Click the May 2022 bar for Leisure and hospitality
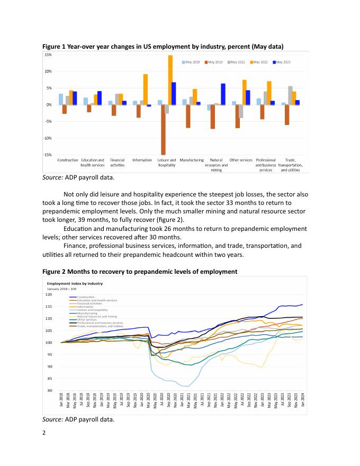[x=170, y=80]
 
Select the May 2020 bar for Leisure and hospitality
[x=163, y=130]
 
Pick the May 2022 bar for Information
[x=146, y=89]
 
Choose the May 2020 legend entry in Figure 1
[x=213, y=62]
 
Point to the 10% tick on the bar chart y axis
[x=48, y=71]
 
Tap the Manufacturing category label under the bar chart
[x=192, y=159]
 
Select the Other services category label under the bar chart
[x=241, y=159]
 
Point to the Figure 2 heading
[x=140, y=272]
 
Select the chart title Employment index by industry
[x=73, y=283]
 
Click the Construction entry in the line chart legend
[x=86, y=297]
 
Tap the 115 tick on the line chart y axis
[x=49, y=307]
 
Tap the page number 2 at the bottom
[x=44, y=433]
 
